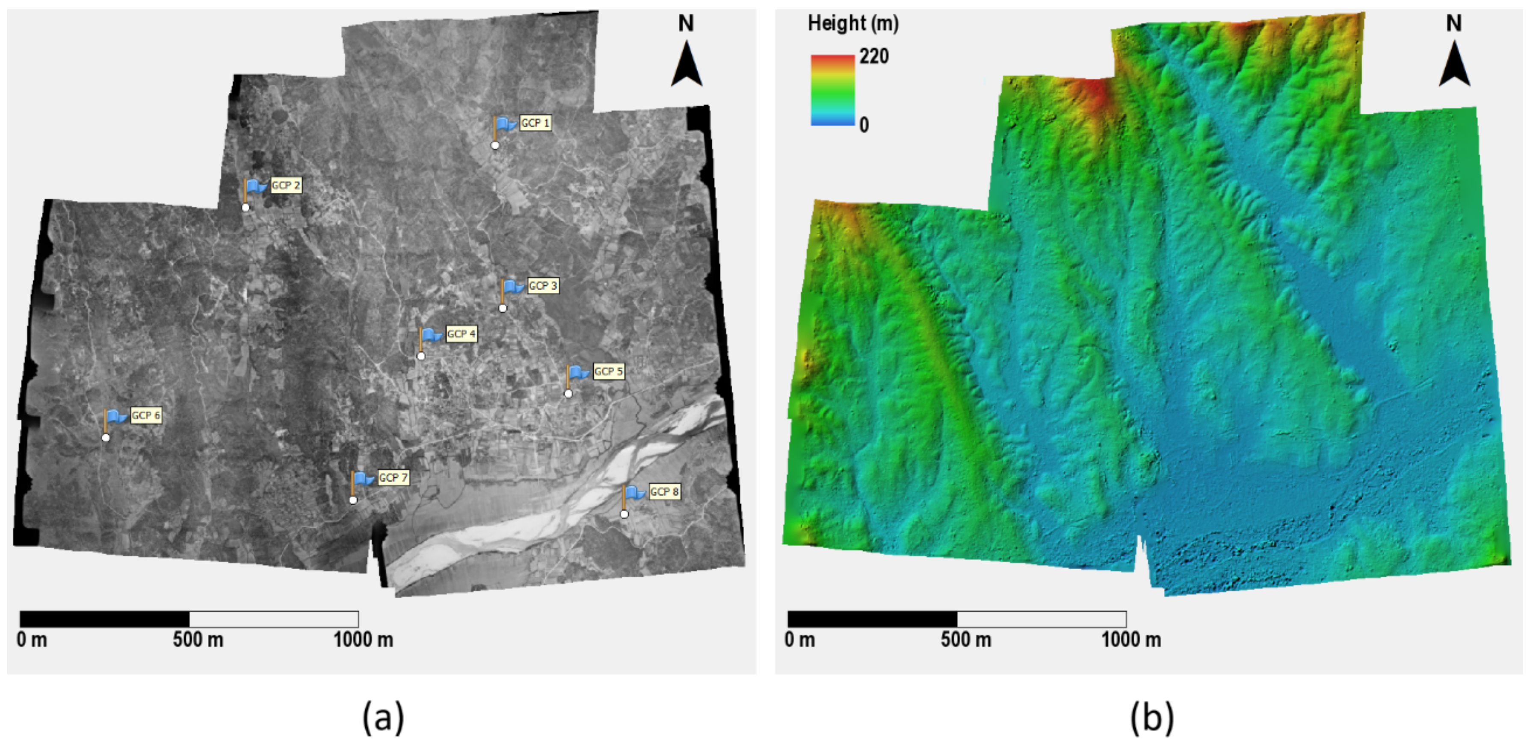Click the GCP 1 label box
point(535,123)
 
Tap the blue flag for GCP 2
point(256,186)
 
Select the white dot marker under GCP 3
point(503,308)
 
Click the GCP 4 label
point(461,334)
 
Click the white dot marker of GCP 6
point(106,438)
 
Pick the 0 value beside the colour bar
point(864,125)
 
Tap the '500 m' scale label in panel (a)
point(198,640)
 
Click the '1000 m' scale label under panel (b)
point(1131,640)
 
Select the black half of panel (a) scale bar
point(105,619)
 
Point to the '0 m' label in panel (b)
point(800,640)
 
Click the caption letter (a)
point(383,717)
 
